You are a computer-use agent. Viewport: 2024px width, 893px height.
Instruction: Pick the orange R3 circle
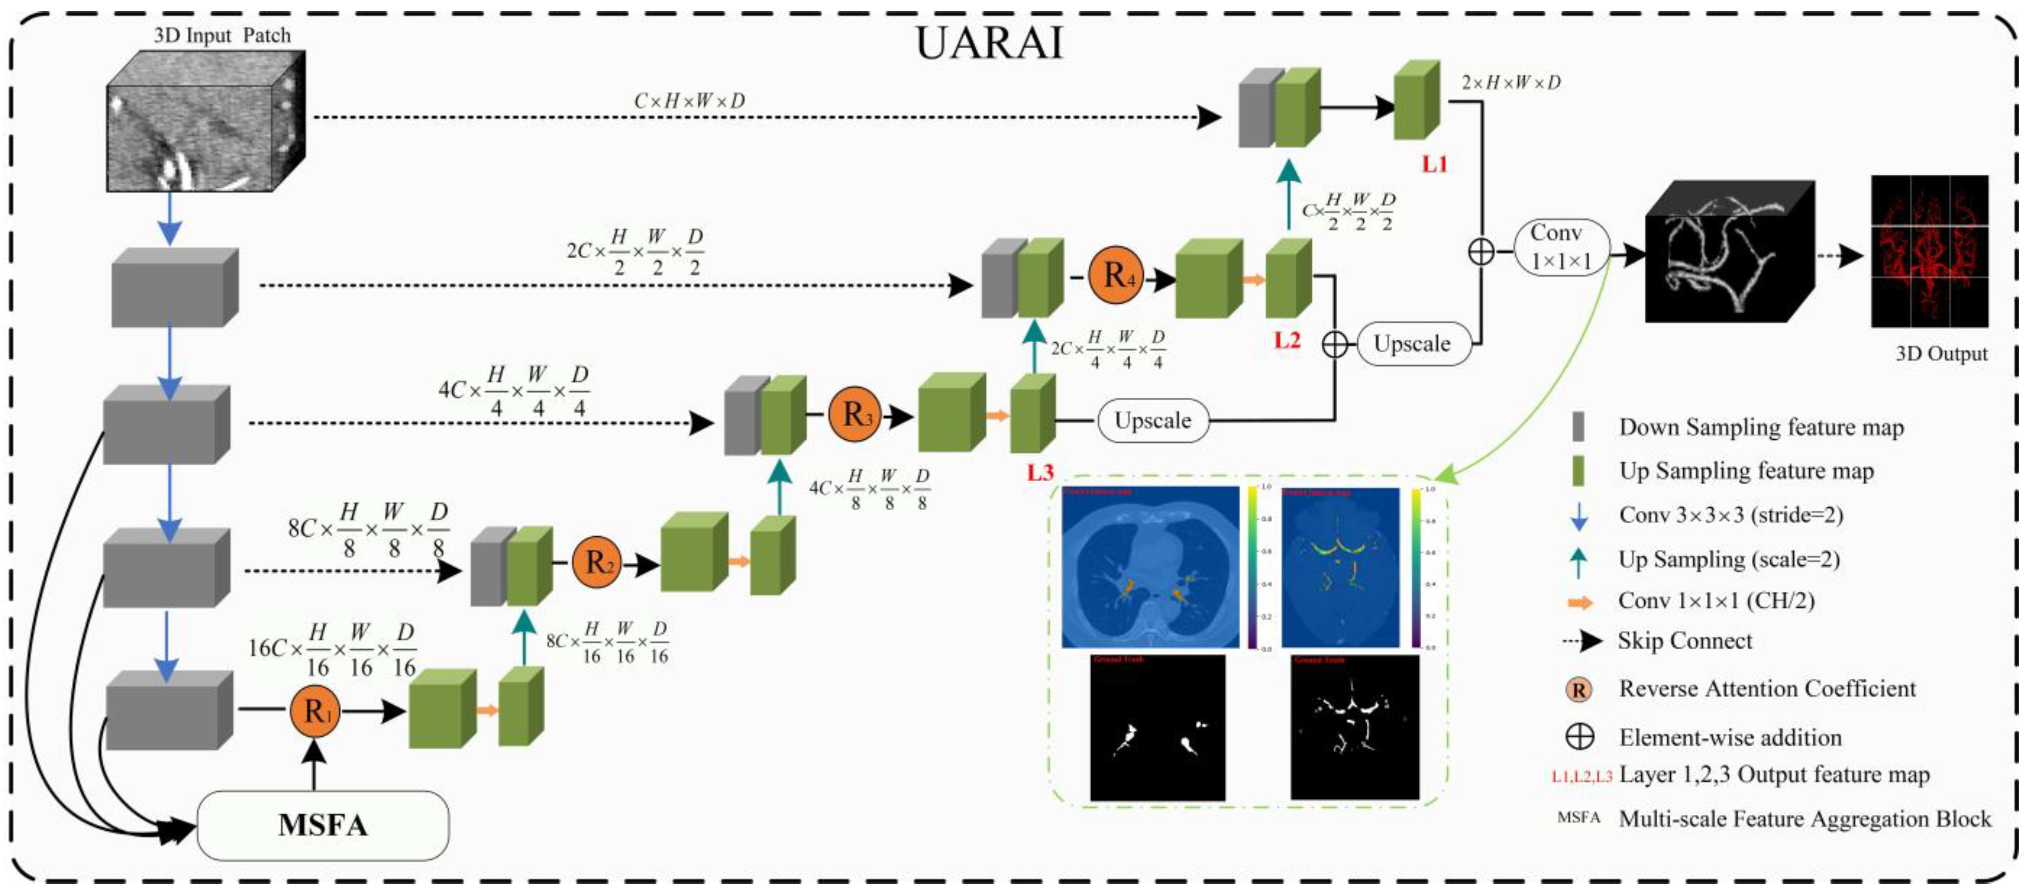854,414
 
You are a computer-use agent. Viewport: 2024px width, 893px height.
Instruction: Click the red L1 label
1434,164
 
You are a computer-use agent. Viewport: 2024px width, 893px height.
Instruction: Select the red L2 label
1286,340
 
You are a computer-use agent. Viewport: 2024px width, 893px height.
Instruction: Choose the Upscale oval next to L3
1152,420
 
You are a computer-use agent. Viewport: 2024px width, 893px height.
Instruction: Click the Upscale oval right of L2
1412,344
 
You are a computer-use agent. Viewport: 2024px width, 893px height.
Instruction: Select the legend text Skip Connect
1685,641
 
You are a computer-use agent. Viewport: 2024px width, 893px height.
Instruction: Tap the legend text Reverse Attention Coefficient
1767,689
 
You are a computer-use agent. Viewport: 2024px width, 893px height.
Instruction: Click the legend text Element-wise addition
1730,738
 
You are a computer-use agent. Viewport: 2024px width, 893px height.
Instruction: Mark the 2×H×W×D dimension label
1510,83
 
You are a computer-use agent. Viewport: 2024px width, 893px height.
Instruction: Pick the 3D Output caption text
1941,354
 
